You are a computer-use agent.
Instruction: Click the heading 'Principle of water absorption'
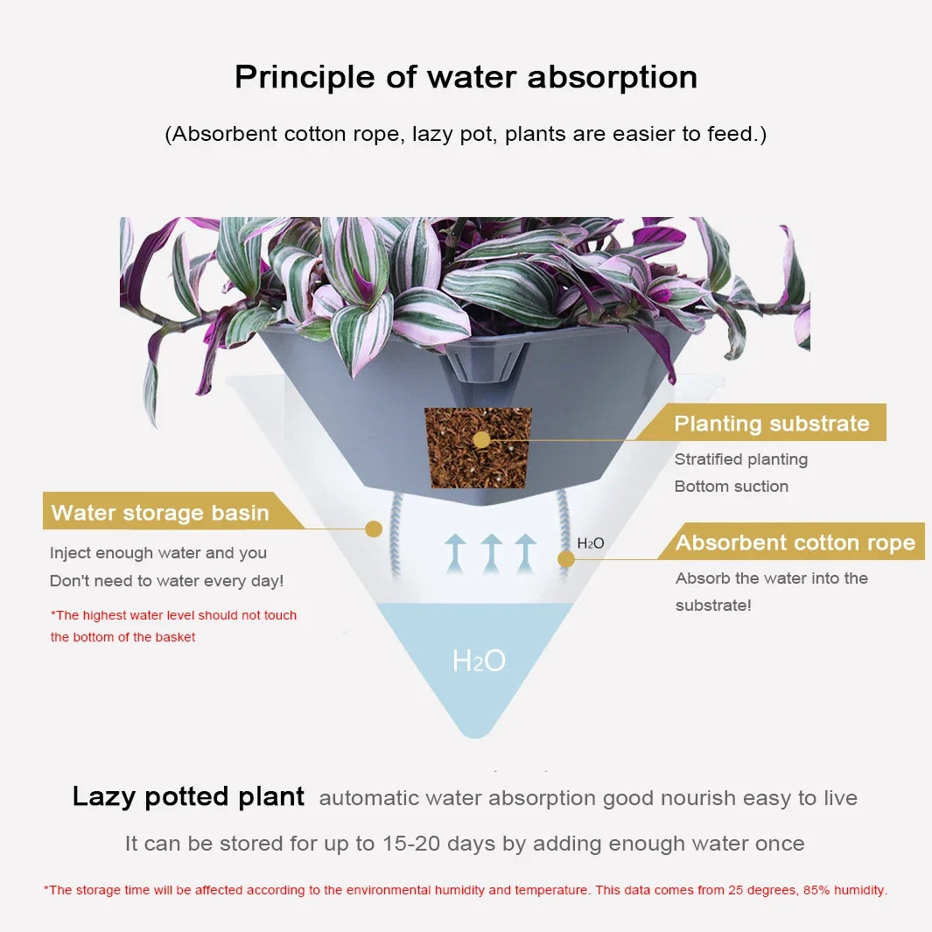pyautogui.click(x=466, y=78)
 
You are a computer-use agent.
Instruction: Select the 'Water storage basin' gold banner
pyautogui.click(x=172, y=511)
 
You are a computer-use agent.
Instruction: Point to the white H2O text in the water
pyautogui.click(x=479, y=661)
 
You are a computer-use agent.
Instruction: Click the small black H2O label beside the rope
pyautogui.click(x=590, y=543)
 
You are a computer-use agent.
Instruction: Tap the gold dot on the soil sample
pyautogui.click(x=481, y=440)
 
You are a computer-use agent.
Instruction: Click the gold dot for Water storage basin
pyautogui.click(x=374, y=529)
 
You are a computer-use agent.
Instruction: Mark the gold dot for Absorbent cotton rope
pyautogui.click(x=566, y=558)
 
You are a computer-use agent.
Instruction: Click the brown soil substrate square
pyautogui.click(x=478, y=448)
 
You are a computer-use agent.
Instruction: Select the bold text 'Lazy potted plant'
pyautogui.click(x=188, y=796)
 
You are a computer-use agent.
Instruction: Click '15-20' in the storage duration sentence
pyautogui.click(x=411, y=844)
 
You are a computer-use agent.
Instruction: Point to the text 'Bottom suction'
pyautogui.click(x=731, y=487)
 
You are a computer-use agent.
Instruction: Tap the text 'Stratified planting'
pyautogui.click(x=741, y=459)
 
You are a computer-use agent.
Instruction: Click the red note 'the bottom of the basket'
pyautogui.click(x=123, y=637)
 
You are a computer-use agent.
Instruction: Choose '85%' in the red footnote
pyautogui.click(x=816, y=890)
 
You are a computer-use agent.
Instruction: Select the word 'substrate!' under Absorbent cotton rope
pyautogui.click(x=713, y=606)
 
